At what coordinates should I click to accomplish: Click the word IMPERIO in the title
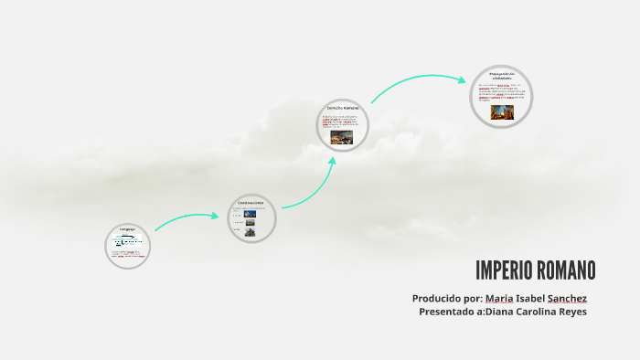[501, 270]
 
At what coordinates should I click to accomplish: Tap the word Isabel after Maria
[530, 299]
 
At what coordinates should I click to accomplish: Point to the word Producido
[435, 299]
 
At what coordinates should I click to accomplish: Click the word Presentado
[449, 312]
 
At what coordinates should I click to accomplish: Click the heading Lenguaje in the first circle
[127, 228]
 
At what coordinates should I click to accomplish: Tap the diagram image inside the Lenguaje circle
[127, 243]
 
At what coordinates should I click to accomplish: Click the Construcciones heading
[251, 202]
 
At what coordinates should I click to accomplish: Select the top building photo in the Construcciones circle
[249, 214]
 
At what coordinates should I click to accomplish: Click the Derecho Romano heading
[343, 108]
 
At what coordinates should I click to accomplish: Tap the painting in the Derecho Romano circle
[341, 137]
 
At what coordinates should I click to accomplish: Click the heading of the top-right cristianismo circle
[502, 74]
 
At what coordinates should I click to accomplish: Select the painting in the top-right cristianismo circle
[502, 111]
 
